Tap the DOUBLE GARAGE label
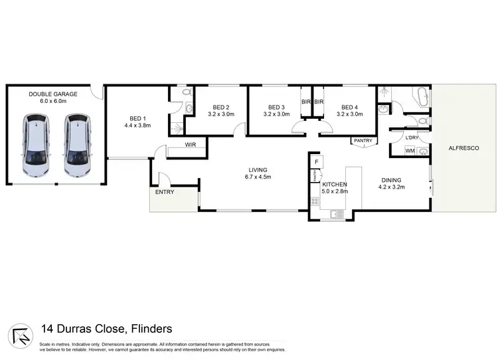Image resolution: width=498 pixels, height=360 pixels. pyautogui.click(x=53, y=94)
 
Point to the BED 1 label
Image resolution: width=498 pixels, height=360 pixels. pyautogui.click(x=137, y=117)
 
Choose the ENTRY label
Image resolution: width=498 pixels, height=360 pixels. pyautogui.click(x=164, y=192)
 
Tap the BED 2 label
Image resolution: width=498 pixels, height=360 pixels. pyautogui.click(x=221, y=107)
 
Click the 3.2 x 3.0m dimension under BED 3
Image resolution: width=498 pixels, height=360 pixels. pyautogui.click(x=276, y=114)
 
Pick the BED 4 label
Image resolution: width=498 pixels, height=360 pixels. pyautogui.click(x=349, y=107)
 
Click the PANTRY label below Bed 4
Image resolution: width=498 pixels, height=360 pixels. pyautogui.click(x=363, y=140)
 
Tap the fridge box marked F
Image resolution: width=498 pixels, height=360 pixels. pyautogui.click(x=317, y=162)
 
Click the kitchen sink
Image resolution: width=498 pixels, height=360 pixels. pyautogui.click(x=337, y=213)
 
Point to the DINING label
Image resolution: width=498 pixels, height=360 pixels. pyautogui.click(x=390, y=179)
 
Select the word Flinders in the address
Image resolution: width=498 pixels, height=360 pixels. pyautogui.click(x=149, y=328)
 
